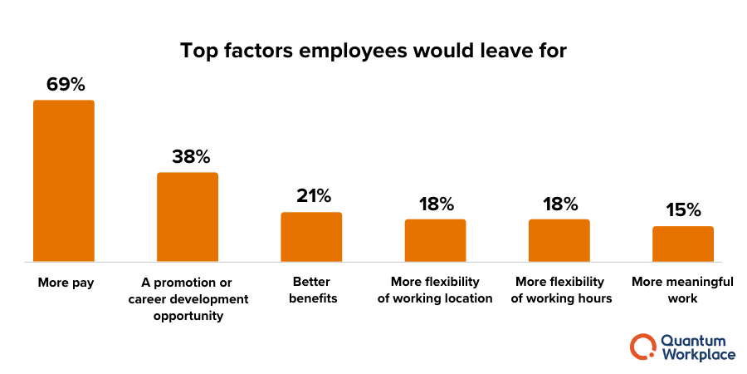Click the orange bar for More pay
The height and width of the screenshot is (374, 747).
coord(64,181)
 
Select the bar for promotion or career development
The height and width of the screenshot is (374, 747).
coord(188,217)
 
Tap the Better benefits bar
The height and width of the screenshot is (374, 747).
coord(311,237)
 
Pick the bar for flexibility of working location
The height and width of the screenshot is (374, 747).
coord(435,240)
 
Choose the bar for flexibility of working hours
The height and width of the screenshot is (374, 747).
coord(559,240)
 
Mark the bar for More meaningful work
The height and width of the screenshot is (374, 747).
coord(683,244)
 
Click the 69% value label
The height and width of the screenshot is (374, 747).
coord(64,85)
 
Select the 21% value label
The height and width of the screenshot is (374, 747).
coord(313,196)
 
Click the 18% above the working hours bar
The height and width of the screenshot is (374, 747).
coord(560,204)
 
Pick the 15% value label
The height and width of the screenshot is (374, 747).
coord(684,211)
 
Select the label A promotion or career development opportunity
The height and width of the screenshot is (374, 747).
coord(188,299)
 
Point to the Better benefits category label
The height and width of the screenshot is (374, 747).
coord(313,290)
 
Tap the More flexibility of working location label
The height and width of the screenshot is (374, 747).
coord(436,290)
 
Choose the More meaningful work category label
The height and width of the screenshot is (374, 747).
coord(682,290)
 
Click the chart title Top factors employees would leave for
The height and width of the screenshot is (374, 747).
coord(373,51)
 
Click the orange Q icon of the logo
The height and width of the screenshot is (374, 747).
coord(642,347)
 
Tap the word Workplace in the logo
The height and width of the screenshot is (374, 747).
coord(698,355)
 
